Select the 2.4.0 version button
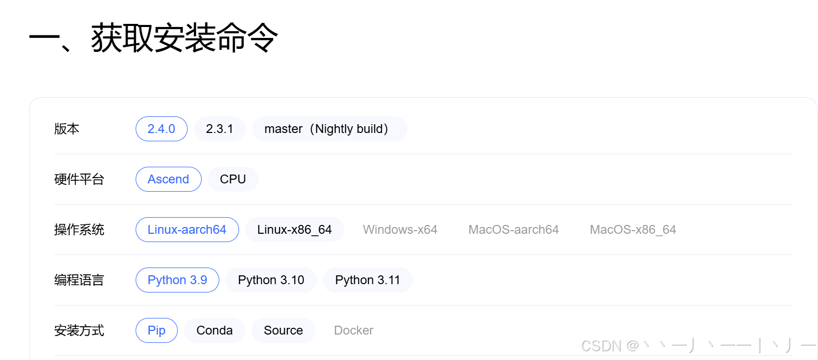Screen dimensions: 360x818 (161, 129)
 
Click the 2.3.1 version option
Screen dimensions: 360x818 (219, 129)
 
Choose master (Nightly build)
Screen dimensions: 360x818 (328, 129)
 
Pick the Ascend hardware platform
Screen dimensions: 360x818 (168, 179)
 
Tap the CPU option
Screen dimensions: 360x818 (232, 179)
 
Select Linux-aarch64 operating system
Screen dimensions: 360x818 (187, 230)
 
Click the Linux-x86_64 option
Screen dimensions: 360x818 (294, 230)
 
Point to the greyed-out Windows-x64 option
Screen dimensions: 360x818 (400, 230)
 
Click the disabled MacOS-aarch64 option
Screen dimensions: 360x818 (513, 230)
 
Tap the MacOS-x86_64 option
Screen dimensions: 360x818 (632, 230)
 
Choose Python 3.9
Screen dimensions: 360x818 (177, 280)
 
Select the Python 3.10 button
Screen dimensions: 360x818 (271, 280)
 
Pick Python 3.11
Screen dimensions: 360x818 (367, 280)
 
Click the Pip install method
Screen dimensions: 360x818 (156, 330)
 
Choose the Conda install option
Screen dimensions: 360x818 (214, 330)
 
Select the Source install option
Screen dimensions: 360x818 (283, 330)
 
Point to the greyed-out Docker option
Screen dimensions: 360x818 (353, 330)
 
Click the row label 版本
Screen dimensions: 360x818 (67, 129)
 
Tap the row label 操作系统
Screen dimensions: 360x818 (79, 230)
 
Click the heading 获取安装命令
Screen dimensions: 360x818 (184, 37)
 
